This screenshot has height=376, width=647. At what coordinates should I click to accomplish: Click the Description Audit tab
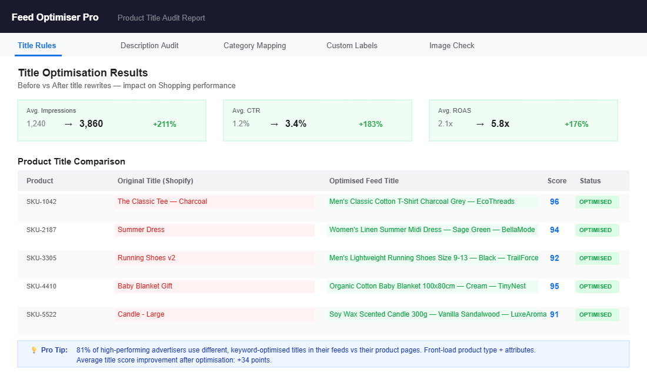[149, 45]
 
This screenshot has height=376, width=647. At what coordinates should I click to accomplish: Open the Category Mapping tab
[255, 45]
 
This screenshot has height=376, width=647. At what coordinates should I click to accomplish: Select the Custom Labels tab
[352, 45]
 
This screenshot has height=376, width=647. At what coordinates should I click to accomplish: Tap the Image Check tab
[452, 45]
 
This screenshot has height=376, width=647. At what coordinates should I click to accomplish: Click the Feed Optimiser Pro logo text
[55, 17]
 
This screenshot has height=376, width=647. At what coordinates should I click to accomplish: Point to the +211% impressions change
[165, 124]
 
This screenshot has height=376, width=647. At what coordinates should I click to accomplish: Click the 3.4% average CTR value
[296, 123]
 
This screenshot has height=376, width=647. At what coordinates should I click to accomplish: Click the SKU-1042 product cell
[41, 202]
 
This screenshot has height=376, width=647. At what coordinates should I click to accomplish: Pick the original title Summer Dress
[141, 230]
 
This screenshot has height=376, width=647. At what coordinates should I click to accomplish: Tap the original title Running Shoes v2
[146, 258]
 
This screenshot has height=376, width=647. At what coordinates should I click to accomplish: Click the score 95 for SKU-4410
[554, 286]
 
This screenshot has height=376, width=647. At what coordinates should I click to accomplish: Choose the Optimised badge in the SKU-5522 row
[596, 314]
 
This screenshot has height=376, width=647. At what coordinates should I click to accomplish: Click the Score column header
[557, 180]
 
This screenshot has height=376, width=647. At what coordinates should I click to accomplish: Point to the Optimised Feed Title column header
[363, 180]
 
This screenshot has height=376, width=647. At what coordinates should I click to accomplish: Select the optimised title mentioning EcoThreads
[422, 202]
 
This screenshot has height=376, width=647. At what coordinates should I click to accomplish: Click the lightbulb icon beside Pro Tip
[34, 350]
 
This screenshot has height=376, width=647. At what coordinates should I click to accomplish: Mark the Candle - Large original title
[141, 314]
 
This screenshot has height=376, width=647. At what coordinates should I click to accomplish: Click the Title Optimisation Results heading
[83, 73]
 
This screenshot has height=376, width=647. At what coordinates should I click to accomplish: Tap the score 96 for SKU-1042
[554, 202]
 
